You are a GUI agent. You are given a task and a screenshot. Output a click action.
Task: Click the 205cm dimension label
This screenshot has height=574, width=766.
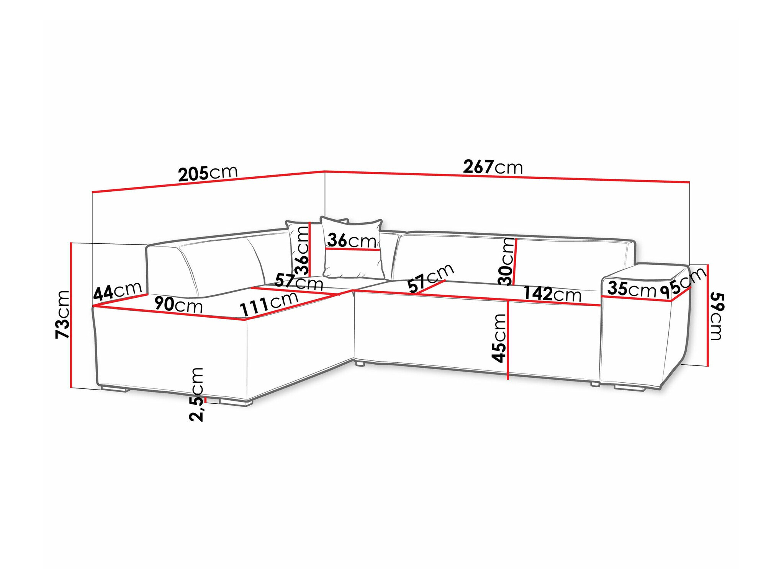208,173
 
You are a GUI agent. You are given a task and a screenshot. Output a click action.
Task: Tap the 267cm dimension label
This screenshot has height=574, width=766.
493,167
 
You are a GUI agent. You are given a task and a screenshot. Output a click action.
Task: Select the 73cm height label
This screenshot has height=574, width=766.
62,315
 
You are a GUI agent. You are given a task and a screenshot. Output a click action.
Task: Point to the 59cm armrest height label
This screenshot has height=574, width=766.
715,316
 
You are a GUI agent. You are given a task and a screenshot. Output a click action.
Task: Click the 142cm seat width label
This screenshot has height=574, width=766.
552,294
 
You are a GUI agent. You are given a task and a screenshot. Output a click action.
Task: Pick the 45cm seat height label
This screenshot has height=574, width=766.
499,338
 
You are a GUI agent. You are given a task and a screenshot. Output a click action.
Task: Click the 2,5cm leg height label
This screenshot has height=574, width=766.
196,394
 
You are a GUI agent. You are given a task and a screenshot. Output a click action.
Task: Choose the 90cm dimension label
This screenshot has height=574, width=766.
178,305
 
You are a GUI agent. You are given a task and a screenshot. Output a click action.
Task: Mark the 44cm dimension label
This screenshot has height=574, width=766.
118,292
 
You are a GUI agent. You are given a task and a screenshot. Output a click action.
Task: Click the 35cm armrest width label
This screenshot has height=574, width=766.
632,289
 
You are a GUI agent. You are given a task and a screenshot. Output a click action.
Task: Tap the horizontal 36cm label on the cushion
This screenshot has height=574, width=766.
352,241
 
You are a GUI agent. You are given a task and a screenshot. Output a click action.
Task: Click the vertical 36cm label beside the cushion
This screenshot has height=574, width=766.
303,251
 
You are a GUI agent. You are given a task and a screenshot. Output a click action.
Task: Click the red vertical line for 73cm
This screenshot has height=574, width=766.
71,315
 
